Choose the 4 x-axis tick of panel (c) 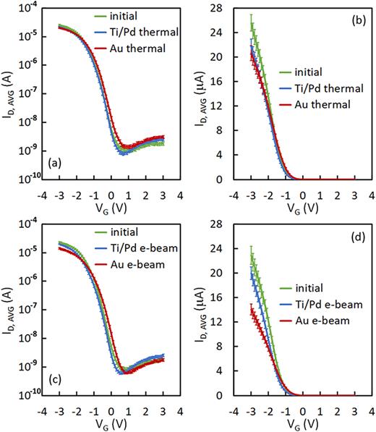[x=179, y=410]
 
